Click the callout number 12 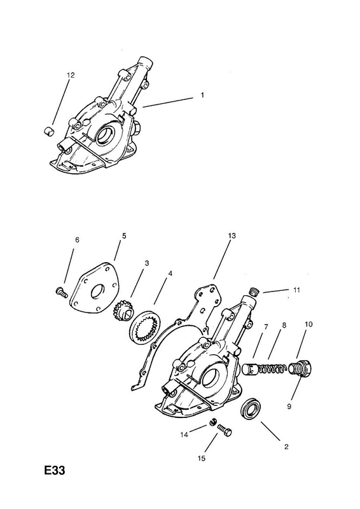tap(71, 75)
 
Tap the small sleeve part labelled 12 tap(49, 131)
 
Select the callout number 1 tap(202, 95)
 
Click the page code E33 tap(55, 470)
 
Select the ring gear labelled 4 tap(145, 326)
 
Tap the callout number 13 tap(232, 235)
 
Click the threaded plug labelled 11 tap(254, 291)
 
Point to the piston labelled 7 tap(250, 369)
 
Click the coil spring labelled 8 tap(272, 369)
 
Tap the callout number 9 tap(289, 406)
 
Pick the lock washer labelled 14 tap(213, 422)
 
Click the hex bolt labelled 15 tap(225, 430)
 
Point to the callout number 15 tap(202, 458)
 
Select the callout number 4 tap(170, 274)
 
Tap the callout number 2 tap(286, 447)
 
